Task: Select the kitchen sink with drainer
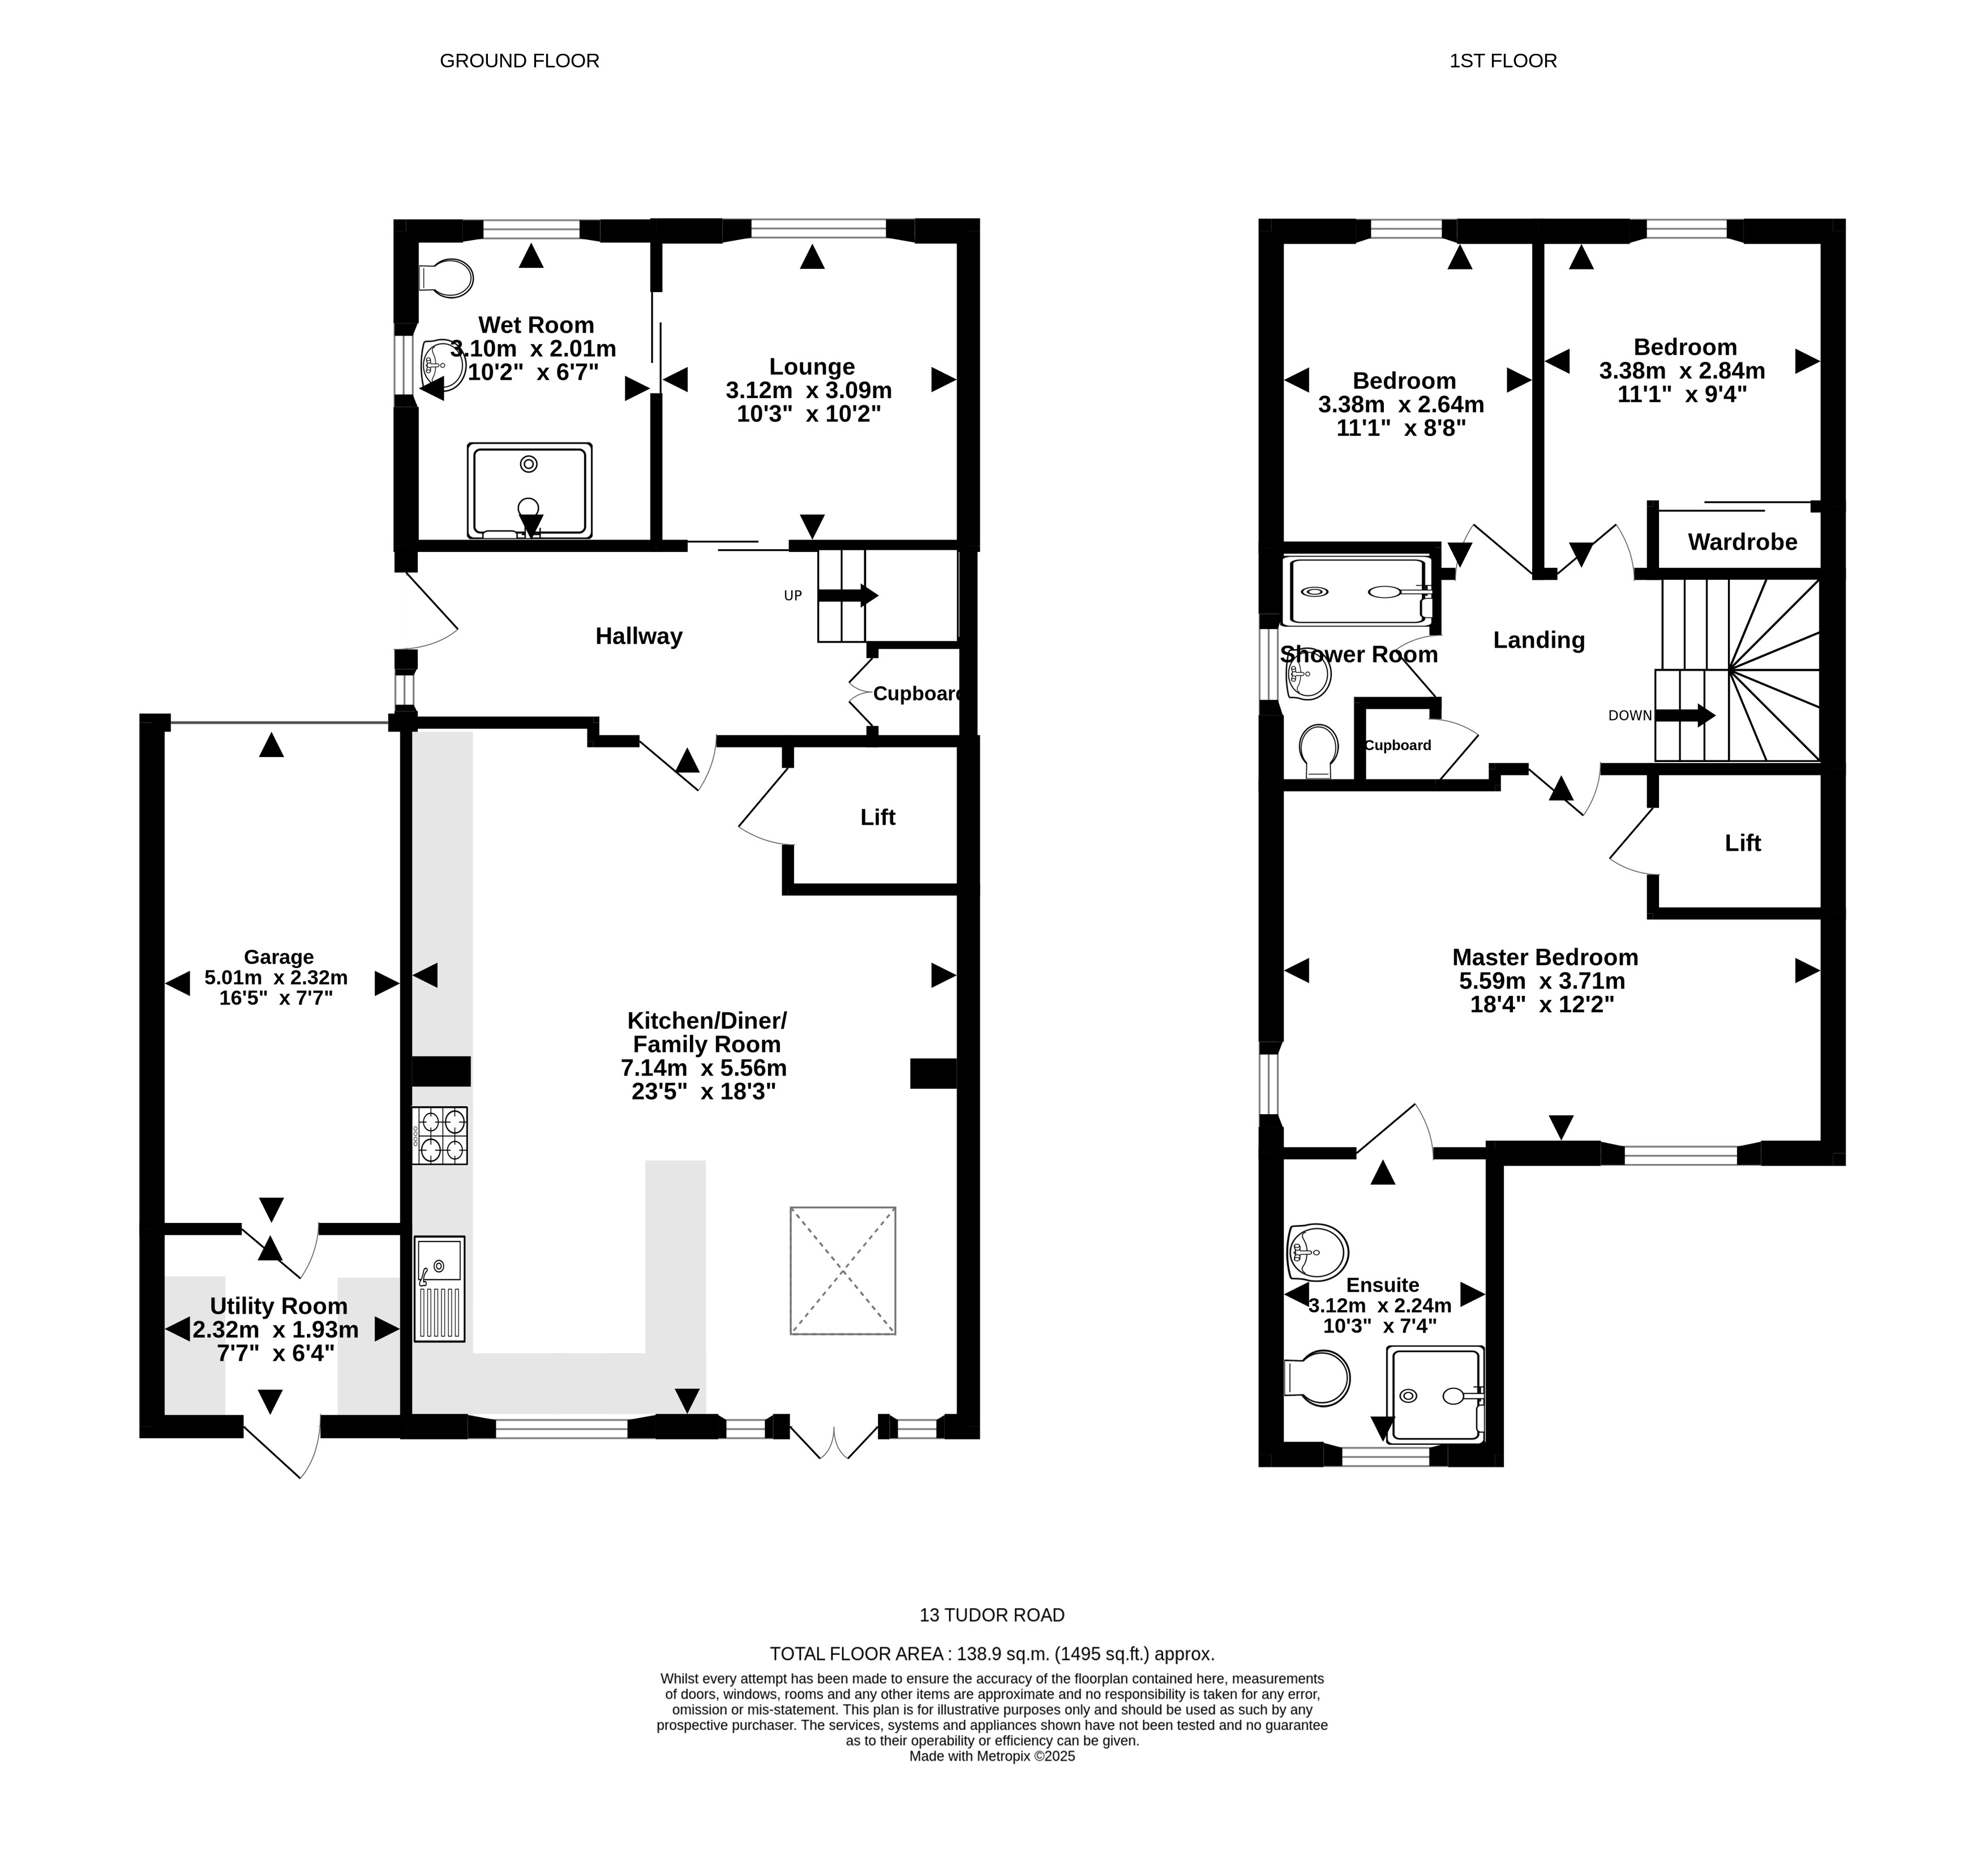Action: (439, 1289)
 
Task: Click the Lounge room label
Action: (812, 367)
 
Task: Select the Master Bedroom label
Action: (1545, 957)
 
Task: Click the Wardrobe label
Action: (1742, 541)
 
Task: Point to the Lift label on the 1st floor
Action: (1742, 843)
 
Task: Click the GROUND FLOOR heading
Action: (519, 61)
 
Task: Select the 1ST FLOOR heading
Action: (1503, 61)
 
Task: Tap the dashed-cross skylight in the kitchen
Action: (843, 1270)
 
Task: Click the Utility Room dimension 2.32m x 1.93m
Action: (276, 1329)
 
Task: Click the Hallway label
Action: (639, 636)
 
